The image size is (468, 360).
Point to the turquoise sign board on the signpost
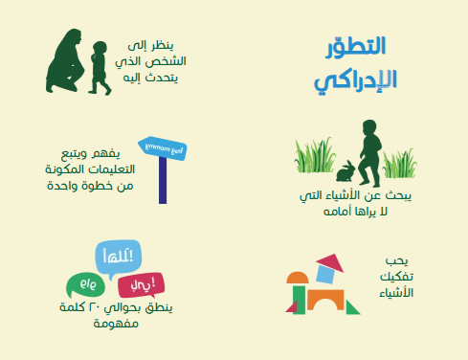(x=164, y=148)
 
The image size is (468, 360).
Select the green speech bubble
(x=83, y=285)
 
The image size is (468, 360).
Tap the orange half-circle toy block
(x=296, y=278)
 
